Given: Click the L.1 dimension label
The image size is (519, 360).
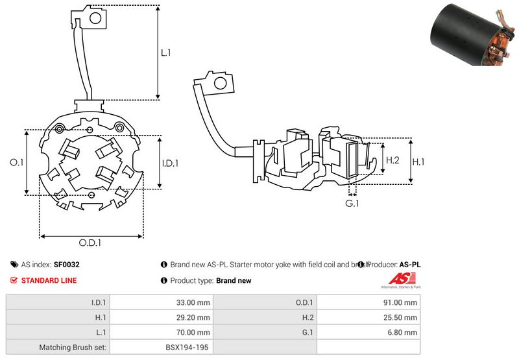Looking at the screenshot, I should [x=165, y=53].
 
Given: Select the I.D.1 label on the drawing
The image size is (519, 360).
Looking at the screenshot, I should [x=169, y=163].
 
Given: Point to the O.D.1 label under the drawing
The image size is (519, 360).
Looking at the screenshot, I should [x=91, y=243].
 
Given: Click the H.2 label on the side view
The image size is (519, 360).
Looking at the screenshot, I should [x=392, y=160].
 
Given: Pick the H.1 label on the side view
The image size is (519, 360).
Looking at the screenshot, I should [x=418, y=162].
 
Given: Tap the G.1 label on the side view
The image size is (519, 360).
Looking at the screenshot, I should [x=352, y=204].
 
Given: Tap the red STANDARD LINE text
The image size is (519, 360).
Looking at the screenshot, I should [x=49, y=280].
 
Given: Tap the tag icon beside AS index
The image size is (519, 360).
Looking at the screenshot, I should [x=14, y=265].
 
